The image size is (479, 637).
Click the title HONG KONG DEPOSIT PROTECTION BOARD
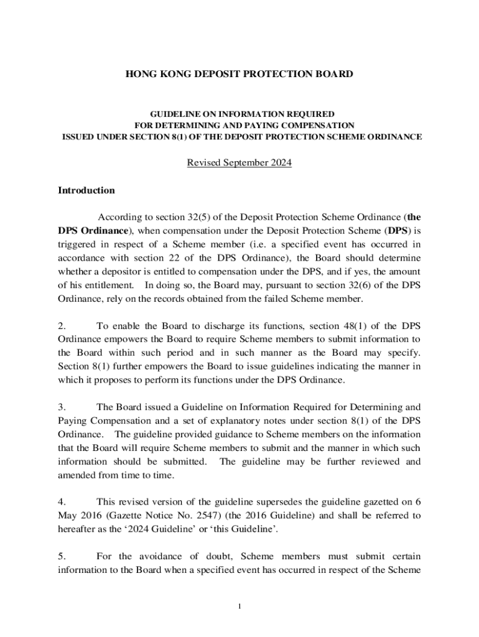pyautogui.click(x=240, y=74)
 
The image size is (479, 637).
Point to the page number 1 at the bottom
pyautogui.click(x=240, y=607)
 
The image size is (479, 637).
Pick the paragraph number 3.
pyautogui.click(x=62, y=407)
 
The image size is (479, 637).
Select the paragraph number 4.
pyautogui.click(x=62, y=501)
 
